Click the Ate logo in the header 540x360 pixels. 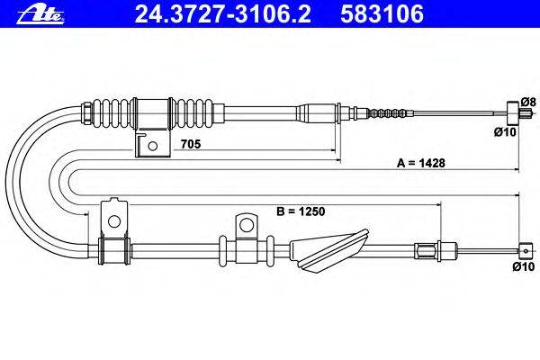40,15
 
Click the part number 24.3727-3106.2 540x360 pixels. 223,13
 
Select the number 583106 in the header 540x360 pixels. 382,13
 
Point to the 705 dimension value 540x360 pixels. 191,144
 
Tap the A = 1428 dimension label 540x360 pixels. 421,163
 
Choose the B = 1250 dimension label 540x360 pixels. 301,211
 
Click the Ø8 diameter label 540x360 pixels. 528,102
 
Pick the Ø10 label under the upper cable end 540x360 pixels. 505,131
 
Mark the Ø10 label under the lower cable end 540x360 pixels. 524,266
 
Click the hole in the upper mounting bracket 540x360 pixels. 153,146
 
